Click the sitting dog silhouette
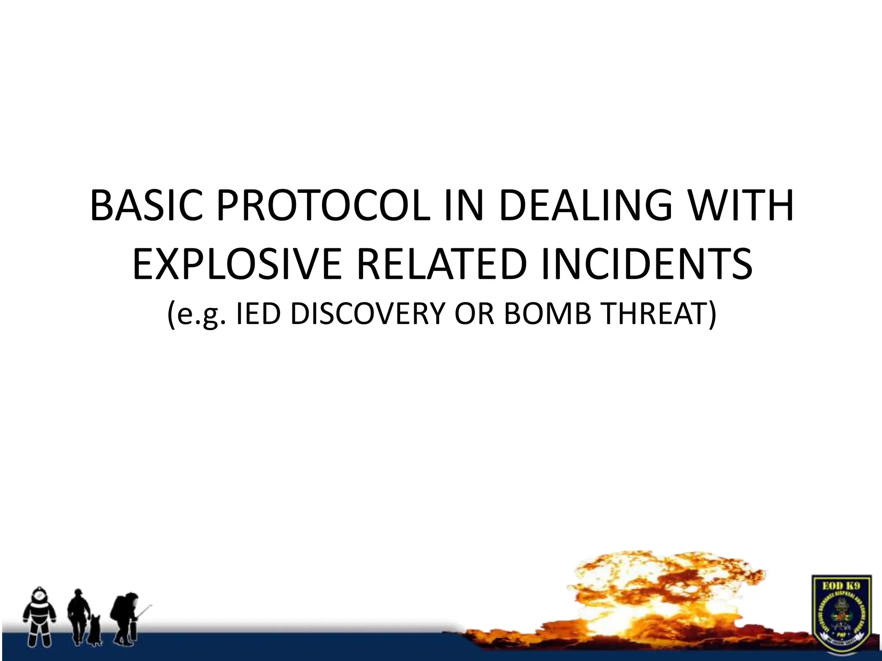(94, 628)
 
